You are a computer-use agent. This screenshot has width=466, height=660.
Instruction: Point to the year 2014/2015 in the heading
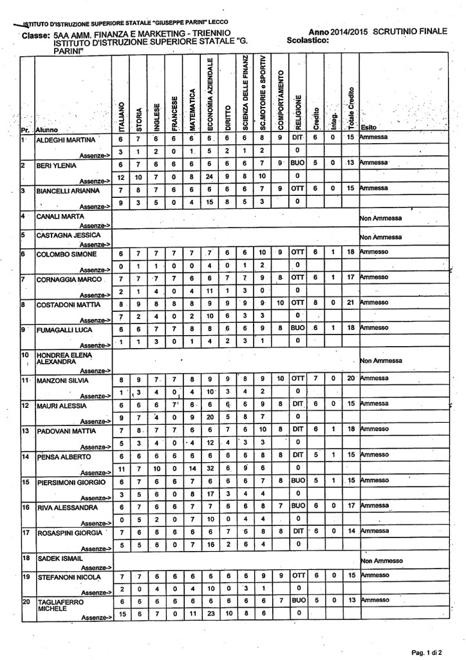tap(342, 32)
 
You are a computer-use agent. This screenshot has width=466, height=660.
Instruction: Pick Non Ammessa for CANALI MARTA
tap(380, 218)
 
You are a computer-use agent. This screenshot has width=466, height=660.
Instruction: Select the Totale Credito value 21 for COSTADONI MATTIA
tap(351, 302)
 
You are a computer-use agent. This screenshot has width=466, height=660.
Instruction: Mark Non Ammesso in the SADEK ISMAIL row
tap(381, 561)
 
